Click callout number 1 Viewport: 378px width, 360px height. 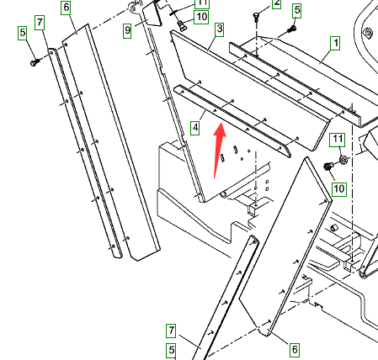[x=335, y=44]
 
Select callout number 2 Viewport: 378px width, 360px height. [x=276, y=3]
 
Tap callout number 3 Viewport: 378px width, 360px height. [x=220, y=29]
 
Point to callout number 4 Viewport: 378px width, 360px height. [x=195, y=128]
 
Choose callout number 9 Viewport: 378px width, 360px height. [x=127, y=30]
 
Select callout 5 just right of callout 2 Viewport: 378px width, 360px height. [x=296, y=11]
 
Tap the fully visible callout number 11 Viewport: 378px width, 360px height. [x=338, y=140]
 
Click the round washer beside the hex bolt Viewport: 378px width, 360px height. [x=343, y=160]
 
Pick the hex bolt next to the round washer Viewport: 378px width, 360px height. [x=327, y=166]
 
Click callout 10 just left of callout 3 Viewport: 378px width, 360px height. [x=201, y=17]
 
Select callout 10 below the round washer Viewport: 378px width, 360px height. [x=338, y=189]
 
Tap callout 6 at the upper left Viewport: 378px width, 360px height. [x=66, y=8]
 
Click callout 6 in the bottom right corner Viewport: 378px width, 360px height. [x=295, y=350]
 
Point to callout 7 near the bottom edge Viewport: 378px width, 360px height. [x=171, y=331]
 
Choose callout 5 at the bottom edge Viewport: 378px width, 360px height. [x=171, y=351]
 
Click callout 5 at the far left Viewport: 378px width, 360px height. [x=23, y=33]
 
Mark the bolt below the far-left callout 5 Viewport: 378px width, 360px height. [x=35, y=62]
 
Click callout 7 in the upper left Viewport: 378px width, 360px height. [x=40, y=23]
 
